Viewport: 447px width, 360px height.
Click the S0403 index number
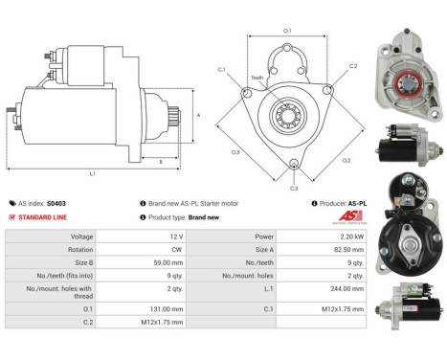point(57,203)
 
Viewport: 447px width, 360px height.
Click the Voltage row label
point(81,236)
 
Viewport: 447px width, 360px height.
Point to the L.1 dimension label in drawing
point(92,173)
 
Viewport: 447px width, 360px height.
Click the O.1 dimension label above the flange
point(287,31)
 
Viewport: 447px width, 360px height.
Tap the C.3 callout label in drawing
point(293,188)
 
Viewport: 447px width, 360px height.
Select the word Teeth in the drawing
point(257,78)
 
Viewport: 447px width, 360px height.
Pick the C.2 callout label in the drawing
point(353,66)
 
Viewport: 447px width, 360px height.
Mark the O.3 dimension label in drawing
point(235,151)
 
